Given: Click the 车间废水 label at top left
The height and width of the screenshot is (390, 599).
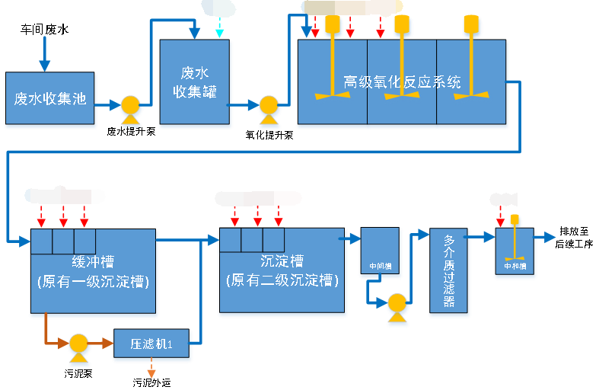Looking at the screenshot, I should pos(44,30).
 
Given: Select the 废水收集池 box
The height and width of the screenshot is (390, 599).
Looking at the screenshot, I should pos(49,98).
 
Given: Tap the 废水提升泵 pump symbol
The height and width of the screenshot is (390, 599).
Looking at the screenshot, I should pos(130,107).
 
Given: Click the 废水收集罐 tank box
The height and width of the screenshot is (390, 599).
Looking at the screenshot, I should pos(194,82).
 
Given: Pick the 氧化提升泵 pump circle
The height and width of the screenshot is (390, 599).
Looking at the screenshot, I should pos(269,107).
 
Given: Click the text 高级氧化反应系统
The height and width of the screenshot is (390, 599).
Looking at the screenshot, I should pos(402,82).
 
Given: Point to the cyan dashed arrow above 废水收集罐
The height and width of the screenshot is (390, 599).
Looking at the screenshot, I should pos(219,28).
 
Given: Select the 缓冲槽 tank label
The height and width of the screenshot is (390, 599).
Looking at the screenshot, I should pos(93,261).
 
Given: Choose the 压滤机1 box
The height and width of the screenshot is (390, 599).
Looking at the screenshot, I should pos(151,344).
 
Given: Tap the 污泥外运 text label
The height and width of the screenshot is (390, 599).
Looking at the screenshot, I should pos(151,382).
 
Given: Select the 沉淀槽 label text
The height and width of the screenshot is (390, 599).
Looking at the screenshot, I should pos(282,261).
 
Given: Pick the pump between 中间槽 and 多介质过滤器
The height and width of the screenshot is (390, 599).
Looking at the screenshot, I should pos(397,304).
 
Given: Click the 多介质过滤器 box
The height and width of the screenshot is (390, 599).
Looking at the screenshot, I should pos(448,270).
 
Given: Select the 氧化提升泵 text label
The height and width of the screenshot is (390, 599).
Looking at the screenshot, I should pos(269,135).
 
